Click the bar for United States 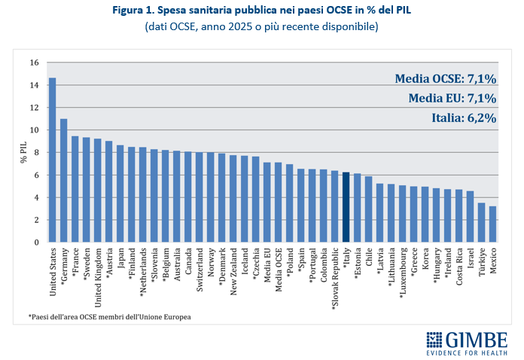click(x=53, y=160)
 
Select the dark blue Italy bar click(x=346, y=207)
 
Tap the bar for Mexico click(x=492, y=224)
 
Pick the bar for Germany click(x=64, y=181)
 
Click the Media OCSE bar click(x=278, y=203)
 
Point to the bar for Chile click(x=369, y=209)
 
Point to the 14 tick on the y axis click(x=34, y=85)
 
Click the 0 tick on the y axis click(x=36, y=243)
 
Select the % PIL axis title click(x=23, y=152)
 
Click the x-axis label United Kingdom click(x=98, y=278)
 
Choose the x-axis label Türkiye click(x=482, y=262)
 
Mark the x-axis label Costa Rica click(x=458, y=267)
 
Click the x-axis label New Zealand click(x=233, y=271)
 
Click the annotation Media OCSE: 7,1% click(x=446, y=79)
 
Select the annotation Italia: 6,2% click(x=464, y=118)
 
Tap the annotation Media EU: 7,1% click(x=452, y=98)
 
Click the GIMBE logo click(x=467, y=343)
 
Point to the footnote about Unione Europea click(x=110, y=317)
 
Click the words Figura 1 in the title click(x=132, y=11)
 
